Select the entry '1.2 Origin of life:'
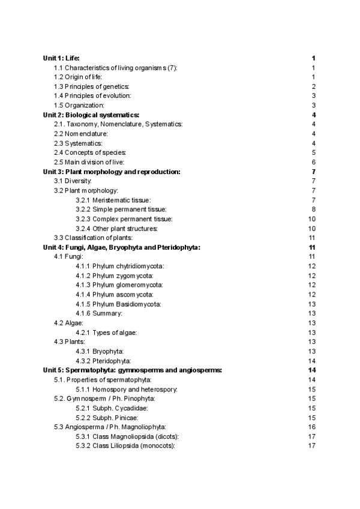pos(78,77)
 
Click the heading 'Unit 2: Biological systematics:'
pos(91,115)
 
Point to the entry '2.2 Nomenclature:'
pos(81,133)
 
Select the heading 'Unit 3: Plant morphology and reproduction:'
pos(112,172)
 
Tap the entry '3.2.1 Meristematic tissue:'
pos(113,200)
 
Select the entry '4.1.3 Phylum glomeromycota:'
pos(120,285)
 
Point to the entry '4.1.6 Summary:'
pos(100,313)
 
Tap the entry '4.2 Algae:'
pos(69,323)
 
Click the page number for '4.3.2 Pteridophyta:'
pos(311,361)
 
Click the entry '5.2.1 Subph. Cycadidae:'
pos(112,408)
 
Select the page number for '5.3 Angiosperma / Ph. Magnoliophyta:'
pos(311,427)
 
